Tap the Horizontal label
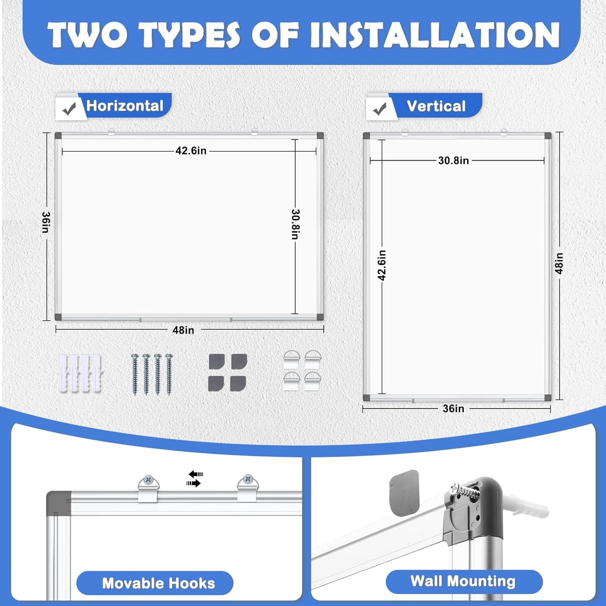coord(125,106)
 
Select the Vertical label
coord(436,106)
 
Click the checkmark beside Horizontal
coord(70,109)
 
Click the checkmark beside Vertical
coord(380,109)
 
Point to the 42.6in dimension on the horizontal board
coord(191,151)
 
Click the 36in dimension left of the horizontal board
coord(46,222)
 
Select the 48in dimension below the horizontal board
coord(184,330)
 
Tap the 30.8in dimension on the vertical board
coord(453,161)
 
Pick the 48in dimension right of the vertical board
coord(559,263)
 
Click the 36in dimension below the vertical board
coord(453,408)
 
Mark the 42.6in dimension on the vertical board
coord(382,265)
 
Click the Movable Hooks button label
coord(159,583)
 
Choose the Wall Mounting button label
coord(463,581)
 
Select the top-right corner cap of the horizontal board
coord(320,137)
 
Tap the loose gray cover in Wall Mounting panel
coord(404,493)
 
